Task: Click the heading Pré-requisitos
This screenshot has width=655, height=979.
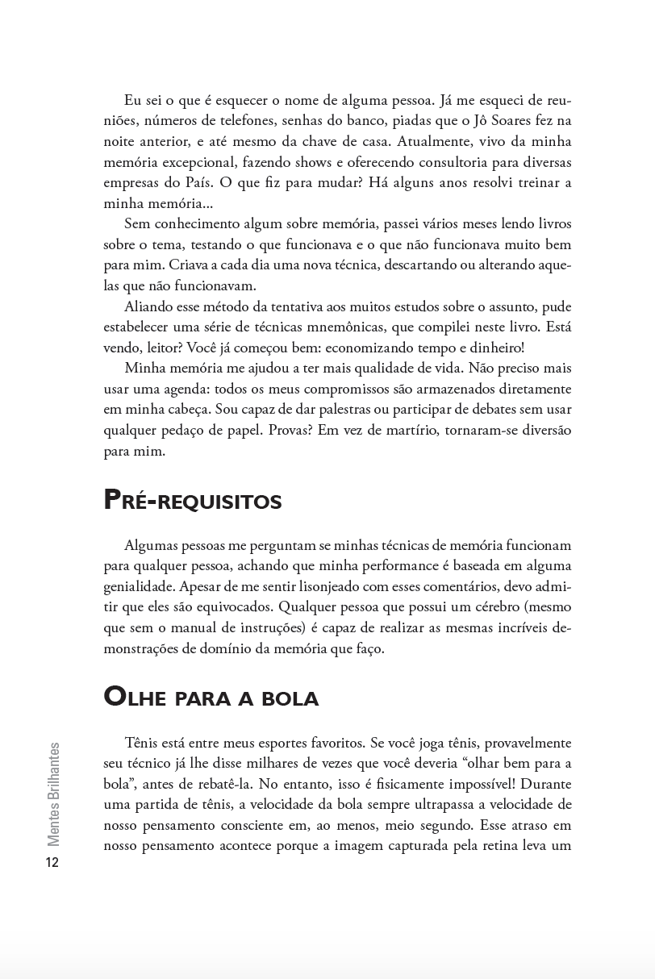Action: click(x=193, y=501)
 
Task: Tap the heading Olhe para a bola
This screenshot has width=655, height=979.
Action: click(x=211, y=698)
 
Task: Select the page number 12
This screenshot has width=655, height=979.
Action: click(x=52, y=863)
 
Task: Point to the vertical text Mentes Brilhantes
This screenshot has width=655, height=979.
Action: click(x=53, y=794)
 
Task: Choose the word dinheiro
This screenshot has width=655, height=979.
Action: click(x=493, y=348)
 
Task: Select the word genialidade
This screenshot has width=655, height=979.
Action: click(x=138, y=586)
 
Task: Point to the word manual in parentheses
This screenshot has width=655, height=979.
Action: click(x=207, y=627)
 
